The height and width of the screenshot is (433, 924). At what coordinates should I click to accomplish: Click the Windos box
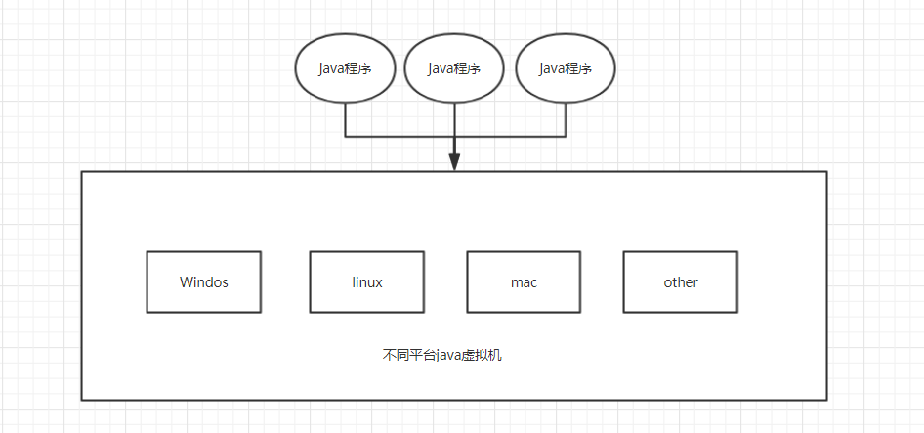(x=204, y=282)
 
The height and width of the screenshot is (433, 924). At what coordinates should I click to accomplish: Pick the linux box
(x=367, y=282)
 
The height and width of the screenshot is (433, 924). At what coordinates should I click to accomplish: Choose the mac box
(x=524, y=282)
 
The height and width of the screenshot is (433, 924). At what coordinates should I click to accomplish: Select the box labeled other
(x=681, y=282)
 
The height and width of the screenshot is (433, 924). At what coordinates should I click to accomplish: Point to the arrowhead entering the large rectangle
(x=455, y=163)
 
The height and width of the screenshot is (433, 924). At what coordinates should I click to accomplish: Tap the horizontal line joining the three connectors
(x=400, y=135)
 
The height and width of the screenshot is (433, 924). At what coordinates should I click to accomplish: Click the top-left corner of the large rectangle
(x=82, y=172)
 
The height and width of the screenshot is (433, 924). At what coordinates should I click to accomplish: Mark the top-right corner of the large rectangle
(x=826, y=172)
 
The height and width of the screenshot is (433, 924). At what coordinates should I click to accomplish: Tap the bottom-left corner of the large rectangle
(x=82, y=399)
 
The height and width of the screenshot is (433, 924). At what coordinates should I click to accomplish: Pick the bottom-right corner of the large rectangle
(x=826, y=399)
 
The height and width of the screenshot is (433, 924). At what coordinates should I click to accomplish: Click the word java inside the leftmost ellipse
(x=332, y=68)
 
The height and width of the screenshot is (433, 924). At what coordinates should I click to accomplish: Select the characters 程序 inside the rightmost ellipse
(x=578, y=68)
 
